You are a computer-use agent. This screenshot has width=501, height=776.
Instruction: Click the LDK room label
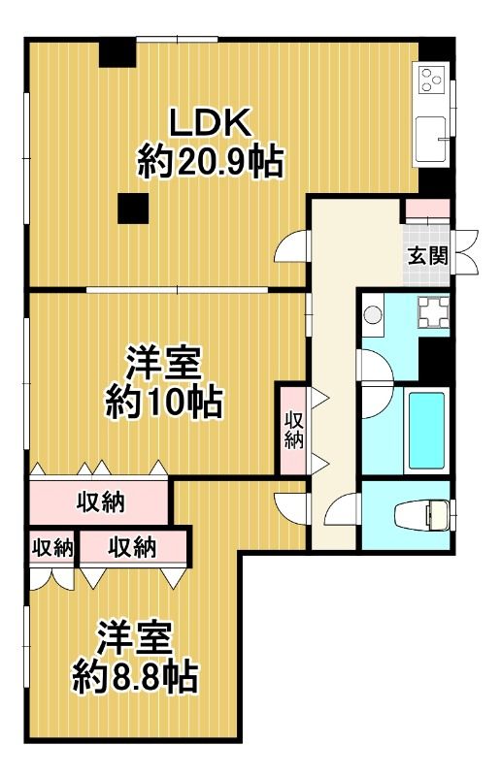(211, 123)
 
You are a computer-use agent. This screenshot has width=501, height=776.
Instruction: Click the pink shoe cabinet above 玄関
(427, 210)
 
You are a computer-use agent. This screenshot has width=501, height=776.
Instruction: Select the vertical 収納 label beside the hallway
(292, 429)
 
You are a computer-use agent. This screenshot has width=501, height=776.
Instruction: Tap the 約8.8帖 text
(136, 675)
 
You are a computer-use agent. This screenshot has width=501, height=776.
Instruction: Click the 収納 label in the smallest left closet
(52, 548)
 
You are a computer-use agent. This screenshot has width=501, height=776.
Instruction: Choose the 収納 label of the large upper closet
(100, 502)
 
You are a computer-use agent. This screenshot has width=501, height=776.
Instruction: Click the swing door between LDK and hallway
(291, 250)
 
